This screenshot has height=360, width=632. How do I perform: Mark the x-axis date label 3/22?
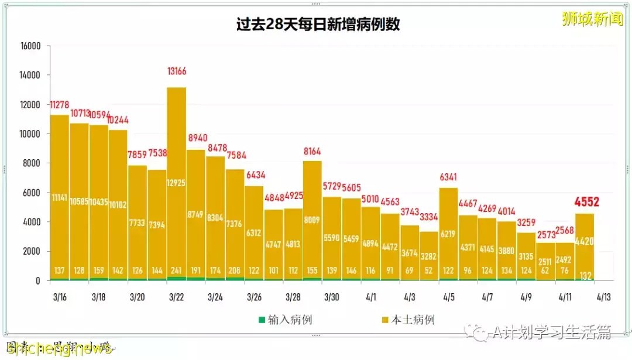[177, 297]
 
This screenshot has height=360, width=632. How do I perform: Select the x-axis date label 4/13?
[604, 297]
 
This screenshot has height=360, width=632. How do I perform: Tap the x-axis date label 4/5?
[449, 297]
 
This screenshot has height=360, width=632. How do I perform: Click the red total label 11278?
[60, 105]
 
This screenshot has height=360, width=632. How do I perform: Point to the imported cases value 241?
[177, 270]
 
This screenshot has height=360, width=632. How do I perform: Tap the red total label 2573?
[546, 234]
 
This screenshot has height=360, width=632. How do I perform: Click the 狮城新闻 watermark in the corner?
[592, 19]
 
